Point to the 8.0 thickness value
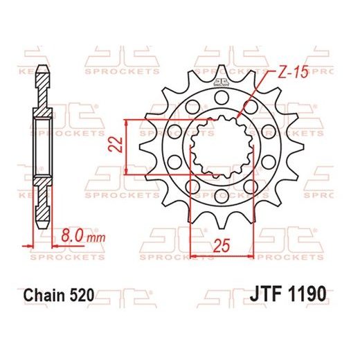pos(73,237)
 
